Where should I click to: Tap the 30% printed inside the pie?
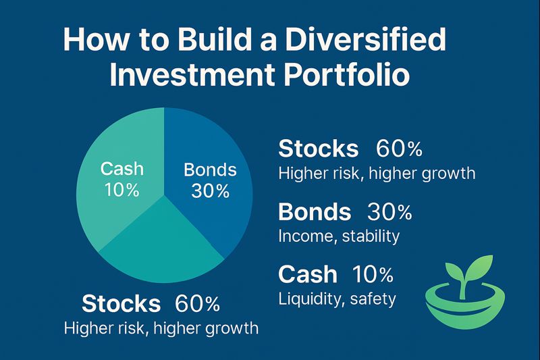pyautogui.click(x=210, y=191)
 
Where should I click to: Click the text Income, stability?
pyautogui.click(x=339, y=236)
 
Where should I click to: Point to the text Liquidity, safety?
pyautogui.click(x=337, y=299)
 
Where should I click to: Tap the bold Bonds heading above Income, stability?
pyautogui.click(x=315, y=212)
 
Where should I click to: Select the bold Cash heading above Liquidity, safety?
pyautogui.click(x=307, y=274)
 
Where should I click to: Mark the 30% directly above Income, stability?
pyautogui.click(x=389, y=212)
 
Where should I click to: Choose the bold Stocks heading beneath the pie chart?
pyautogui.click(x=121, y=304)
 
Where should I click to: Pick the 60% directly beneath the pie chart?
pyautogui.click(x=197, y=304)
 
